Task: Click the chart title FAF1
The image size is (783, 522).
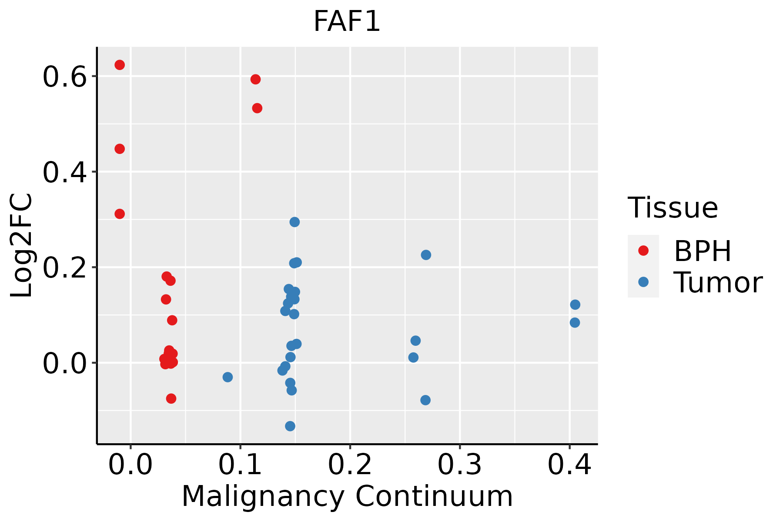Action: (x=347, y=22)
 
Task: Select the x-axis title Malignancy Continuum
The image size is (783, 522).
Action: (x=347, y=496)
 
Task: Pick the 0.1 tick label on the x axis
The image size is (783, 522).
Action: (x=240, y=465)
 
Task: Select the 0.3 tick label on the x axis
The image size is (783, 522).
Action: (x=459, y=465)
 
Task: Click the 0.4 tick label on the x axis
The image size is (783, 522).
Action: (x=569, y=465)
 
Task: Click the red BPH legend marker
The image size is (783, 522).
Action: (x=643, y=251)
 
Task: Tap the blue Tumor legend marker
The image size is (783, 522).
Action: (x=643, y=282)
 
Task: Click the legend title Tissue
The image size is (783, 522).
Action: (x=673, y=208)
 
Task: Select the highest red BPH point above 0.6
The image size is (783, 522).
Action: (x=120, y=65)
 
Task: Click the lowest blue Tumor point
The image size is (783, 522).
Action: (x=290, y=426)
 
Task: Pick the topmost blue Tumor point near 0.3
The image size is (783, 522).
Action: (x=294, y=222)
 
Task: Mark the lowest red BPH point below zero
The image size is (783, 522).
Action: (x=171, y=398)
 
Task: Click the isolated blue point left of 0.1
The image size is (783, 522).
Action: (x=228, y=377)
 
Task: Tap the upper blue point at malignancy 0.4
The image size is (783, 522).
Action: (x=575, y=304)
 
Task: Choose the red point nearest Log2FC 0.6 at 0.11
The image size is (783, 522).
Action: (x=255, y=79)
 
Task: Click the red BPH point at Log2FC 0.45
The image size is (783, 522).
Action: (x=120, y=149)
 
